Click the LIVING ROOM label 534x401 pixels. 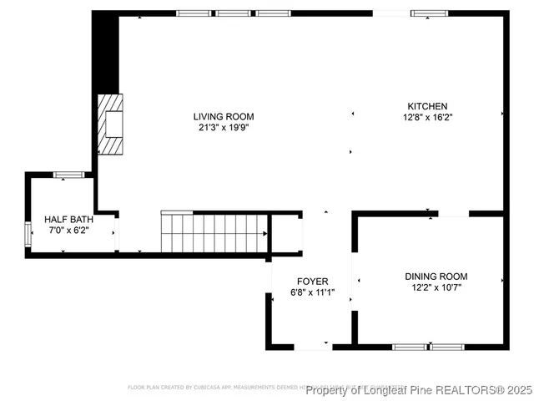[224, 117]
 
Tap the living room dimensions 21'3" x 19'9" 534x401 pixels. [224, 128]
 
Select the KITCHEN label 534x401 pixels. [427, 106]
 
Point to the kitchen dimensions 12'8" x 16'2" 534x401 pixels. [427, 118]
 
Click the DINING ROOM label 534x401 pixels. [436, 277]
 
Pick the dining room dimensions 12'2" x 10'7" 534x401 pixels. [436, 287]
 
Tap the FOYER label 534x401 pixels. [313, 282]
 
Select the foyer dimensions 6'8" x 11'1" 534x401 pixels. [313, 292]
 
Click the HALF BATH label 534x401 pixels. [69, 219]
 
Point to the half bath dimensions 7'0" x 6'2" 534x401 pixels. [69, 230]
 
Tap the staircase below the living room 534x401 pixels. [214, 233]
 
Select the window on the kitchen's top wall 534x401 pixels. [428, 13]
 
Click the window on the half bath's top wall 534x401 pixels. [68, 175]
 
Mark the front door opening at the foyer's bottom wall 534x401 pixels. [313, 346]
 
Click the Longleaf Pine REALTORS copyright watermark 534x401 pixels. [418, 389]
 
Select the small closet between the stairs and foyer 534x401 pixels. [286, 233]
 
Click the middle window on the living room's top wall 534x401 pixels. [234, 13]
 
